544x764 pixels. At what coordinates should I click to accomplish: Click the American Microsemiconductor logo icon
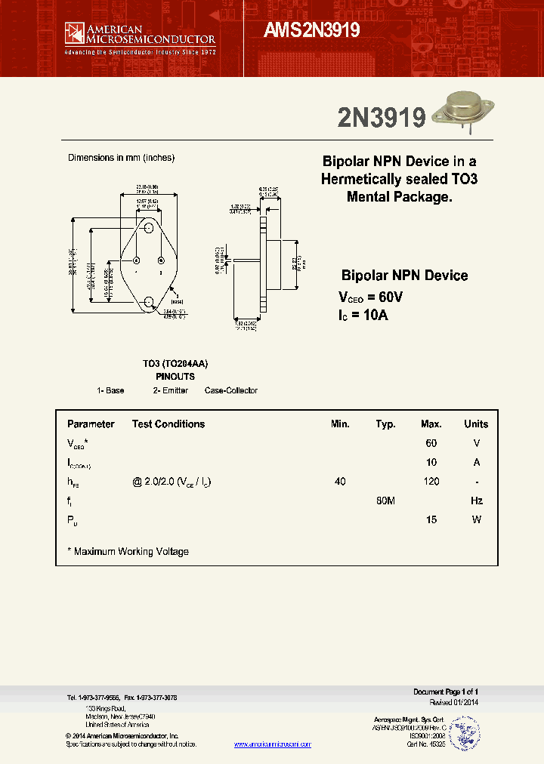[75, 32]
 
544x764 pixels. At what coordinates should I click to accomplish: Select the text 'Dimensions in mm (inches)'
[121, 158]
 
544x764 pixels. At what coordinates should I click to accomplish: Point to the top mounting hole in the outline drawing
[149, 227]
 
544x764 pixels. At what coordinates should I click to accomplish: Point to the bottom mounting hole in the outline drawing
[149, 302]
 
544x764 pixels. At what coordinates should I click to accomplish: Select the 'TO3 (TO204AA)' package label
[175, 364]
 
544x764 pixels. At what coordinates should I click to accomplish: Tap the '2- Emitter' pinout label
[171, 390]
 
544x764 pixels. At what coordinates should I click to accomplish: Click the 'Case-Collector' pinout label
[231, 390]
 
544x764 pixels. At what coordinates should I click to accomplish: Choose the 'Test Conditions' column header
[168, 424]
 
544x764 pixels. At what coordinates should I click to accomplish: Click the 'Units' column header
[476, 424]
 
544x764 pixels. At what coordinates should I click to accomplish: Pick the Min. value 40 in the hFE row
[340, 482]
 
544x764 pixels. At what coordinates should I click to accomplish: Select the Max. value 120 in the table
[431, 482]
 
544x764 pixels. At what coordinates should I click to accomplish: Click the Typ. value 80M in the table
[385, 501]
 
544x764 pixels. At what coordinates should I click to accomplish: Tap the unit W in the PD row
[476, 519]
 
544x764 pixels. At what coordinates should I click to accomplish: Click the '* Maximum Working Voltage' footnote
[128, 552]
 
